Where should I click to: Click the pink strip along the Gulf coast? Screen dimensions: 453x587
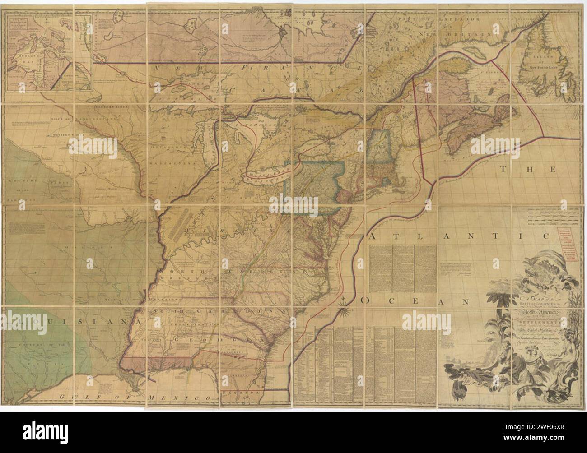(154, 363)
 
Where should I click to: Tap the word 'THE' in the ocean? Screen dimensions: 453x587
(528, 170)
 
